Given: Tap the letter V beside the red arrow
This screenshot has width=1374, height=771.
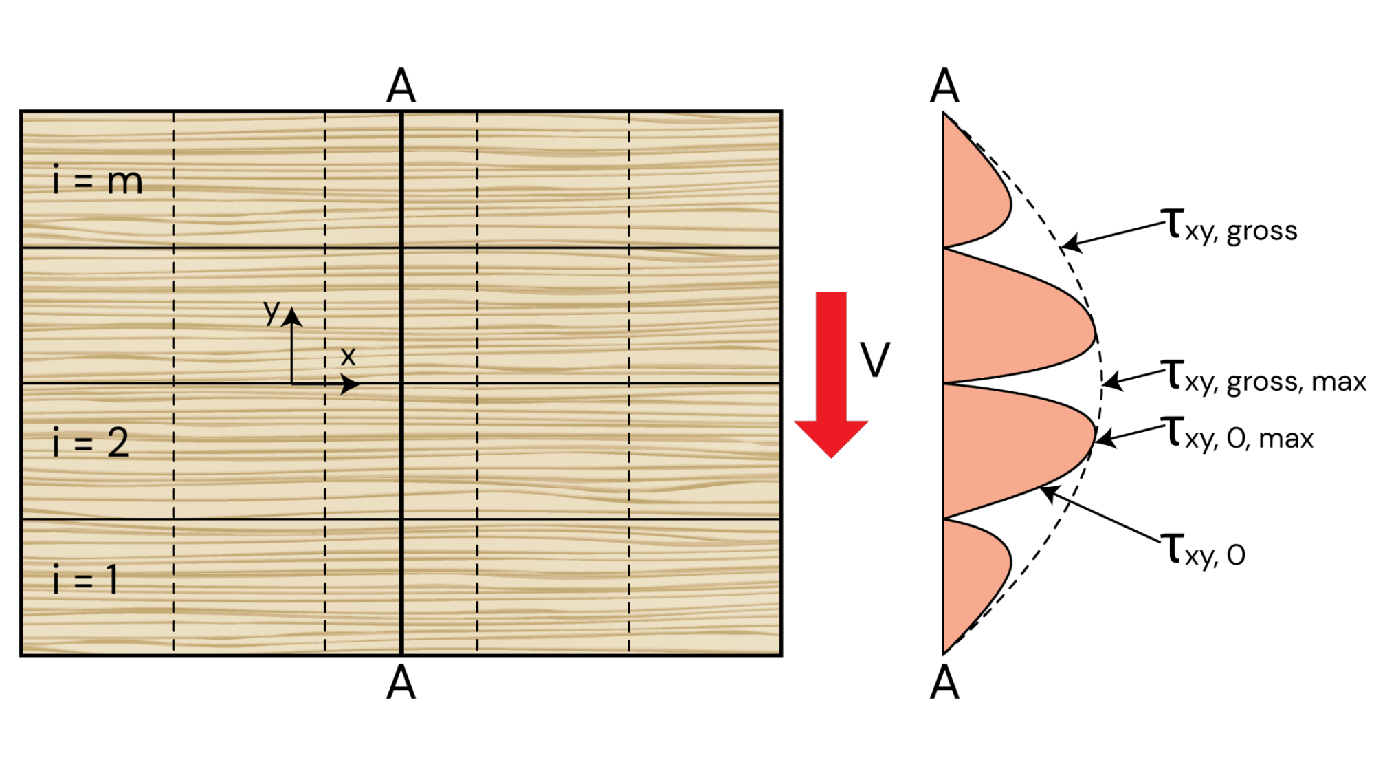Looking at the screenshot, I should point(875,360).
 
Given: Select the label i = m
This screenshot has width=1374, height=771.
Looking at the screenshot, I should point(98,180).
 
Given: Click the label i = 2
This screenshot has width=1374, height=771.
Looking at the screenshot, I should point(91,442).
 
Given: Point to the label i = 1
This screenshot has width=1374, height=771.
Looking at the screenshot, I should point(86,579).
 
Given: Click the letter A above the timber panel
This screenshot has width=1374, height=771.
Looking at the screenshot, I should point(401,87).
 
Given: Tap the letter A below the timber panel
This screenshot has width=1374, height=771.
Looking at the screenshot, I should point(401,684).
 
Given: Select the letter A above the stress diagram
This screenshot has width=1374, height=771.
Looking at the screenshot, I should point(944,87).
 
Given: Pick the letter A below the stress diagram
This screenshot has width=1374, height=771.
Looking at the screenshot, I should point(944,684).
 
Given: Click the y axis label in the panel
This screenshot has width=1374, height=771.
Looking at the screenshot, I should point(272,312).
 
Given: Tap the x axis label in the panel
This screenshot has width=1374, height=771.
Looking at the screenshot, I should point(348,356).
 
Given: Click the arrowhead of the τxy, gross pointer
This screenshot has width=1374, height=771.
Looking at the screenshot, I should point(1065,246).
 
